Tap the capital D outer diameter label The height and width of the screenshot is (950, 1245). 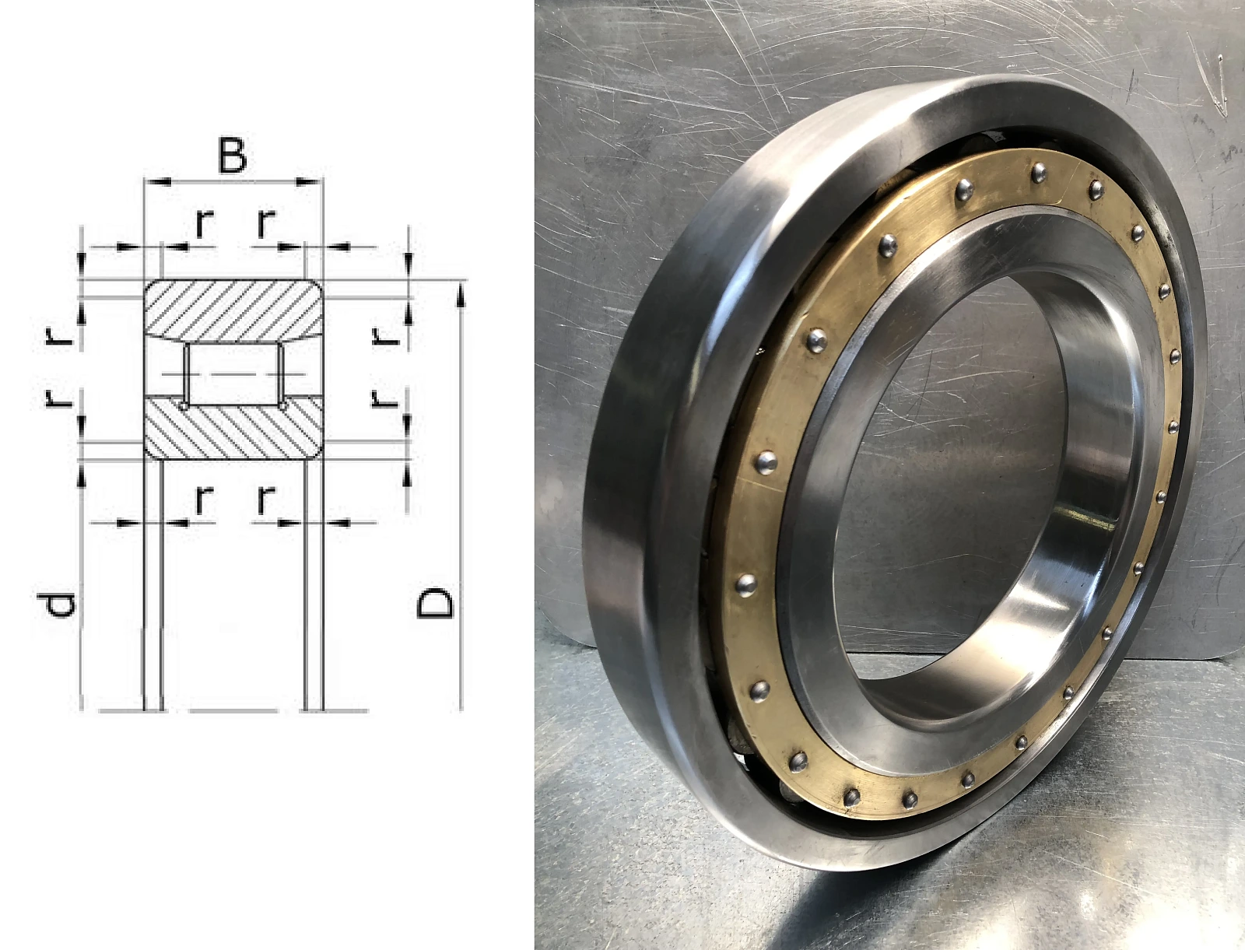pyautogui.click(x=435, y=602)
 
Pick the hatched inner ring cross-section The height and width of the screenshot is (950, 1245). pyautogui.click(x=233, y=426)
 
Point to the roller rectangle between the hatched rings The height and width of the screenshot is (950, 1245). pyautogui.click(x=233, y=374)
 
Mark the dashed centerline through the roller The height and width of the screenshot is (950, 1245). pyautogui.click(x=233, y=374)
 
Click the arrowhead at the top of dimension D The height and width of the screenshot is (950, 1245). pyautogui.click(x=461, y=295)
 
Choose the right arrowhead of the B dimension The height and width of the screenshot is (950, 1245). pyautogui.click(x=309, y=181)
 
